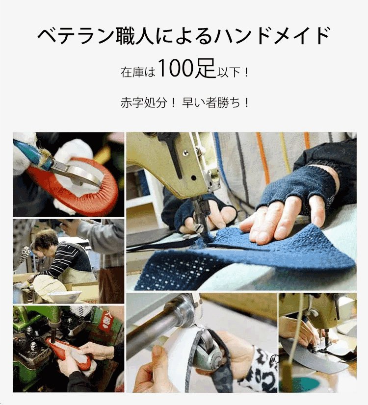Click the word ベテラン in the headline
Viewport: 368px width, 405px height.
tap(75, 36)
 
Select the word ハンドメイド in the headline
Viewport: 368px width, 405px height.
tap(272, 36)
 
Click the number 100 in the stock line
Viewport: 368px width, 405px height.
tap(176, 68)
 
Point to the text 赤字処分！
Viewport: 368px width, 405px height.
tap(148, 103)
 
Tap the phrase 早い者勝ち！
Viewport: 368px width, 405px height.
tap(215, 103)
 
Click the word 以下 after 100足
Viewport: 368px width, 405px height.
tap(229, 72)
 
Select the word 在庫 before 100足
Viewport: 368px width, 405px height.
tap(132, 72)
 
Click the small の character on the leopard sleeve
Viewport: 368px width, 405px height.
tap(275, 359)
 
